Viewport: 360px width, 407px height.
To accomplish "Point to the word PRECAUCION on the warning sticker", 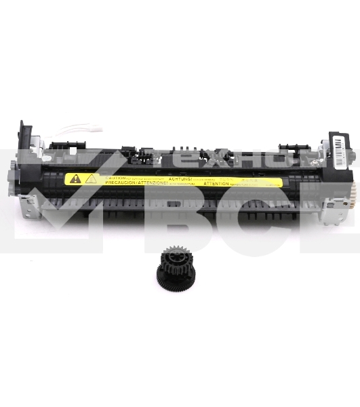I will tap(115, 182).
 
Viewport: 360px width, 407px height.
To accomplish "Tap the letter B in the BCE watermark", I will tap(180, 217).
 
